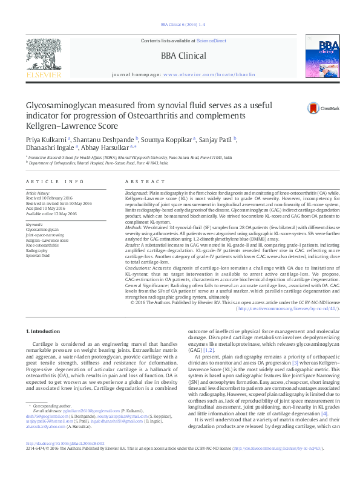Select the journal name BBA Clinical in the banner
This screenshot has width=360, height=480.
coord(183,56)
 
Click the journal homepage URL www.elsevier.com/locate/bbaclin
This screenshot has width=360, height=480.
coord(209,74)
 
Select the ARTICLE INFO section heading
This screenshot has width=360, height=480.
coord(55,181)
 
